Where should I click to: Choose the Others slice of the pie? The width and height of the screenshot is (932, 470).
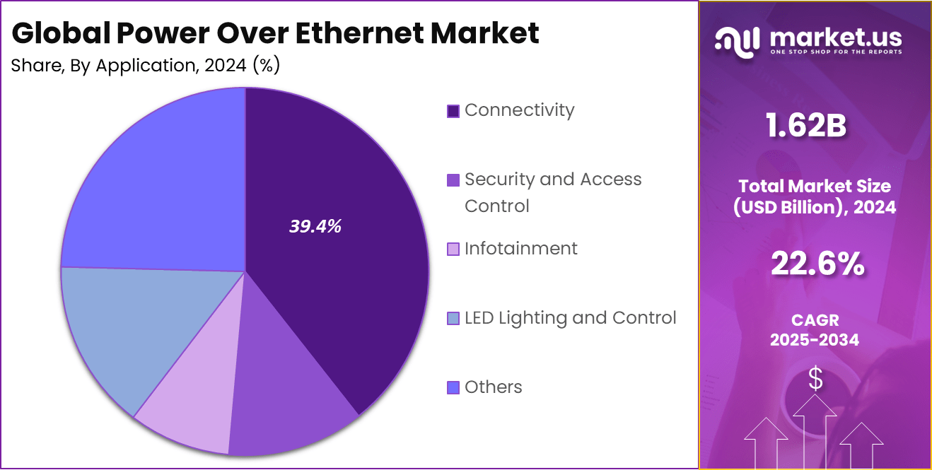156,184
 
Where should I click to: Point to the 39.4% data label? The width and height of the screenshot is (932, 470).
315,226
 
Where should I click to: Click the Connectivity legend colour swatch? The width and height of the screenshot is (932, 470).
453,111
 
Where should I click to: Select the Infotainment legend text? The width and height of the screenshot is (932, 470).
520,249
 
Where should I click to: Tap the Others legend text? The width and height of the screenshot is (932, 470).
493,387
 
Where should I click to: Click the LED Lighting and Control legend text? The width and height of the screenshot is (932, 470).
570,318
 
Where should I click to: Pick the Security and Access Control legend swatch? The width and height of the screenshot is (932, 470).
453,180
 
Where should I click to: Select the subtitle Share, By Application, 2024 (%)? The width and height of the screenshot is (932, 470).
146,66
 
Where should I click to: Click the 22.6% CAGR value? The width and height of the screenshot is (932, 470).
816,264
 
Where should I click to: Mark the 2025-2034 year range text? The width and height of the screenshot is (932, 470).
815,340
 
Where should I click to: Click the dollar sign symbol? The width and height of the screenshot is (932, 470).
815,380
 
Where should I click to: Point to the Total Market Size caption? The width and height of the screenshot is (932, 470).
815,187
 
